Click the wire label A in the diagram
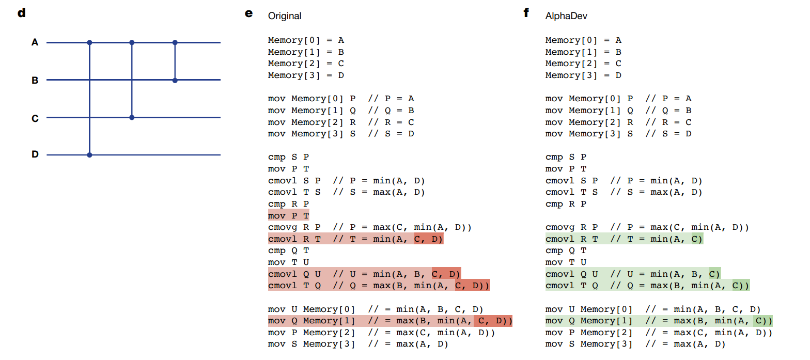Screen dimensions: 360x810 35,42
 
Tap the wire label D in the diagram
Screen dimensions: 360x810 35,154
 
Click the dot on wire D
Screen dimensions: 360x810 90,154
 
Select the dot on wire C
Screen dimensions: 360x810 132,117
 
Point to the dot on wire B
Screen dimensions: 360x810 175,80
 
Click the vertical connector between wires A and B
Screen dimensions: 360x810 175,61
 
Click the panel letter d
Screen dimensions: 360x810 21,13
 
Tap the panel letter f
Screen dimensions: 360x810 526,13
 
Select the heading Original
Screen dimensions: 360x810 284,16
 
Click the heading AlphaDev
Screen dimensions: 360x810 566,16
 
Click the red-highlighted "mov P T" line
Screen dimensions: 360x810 288,215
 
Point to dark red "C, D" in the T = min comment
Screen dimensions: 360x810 428,239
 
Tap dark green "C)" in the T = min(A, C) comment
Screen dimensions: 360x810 697,239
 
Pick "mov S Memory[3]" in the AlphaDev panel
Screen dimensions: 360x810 589,344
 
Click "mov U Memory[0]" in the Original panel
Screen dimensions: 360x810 311,309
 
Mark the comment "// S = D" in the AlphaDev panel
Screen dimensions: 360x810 668,134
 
